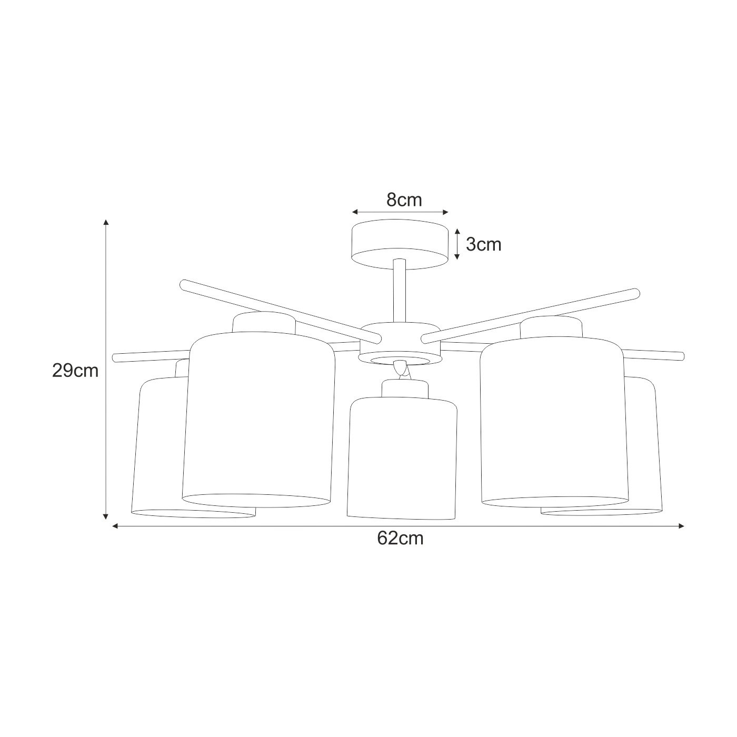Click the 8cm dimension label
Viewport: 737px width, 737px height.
pyautogui.click(x=404, y=200)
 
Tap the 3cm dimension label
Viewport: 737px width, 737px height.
pyautogui.click(x=483, y=244)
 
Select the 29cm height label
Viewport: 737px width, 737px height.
pyautogui.click(x=75, y=371)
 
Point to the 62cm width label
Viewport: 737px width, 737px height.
pyautogui.click(x=401, y=538)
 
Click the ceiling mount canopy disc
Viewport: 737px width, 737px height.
pyautogui.click(x=400, y=244)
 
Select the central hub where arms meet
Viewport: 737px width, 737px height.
pyautogui.click(x=400, y=344)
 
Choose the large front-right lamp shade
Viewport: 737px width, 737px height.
pyautogui.click(x=554, y=422)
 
